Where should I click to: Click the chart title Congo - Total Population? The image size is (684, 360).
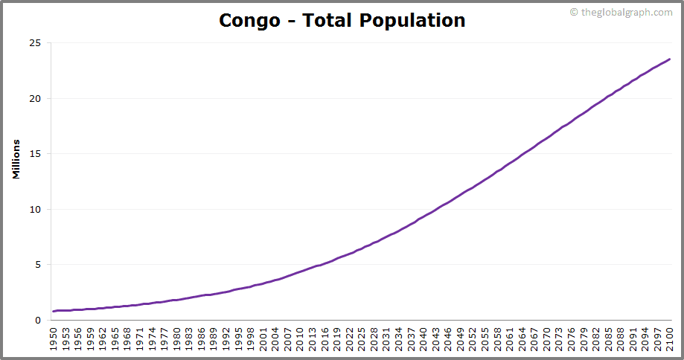point(342,20)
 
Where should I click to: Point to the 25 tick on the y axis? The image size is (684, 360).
point(35,43)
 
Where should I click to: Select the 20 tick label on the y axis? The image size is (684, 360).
point(35,98)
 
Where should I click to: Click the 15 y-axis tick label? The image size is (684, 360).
point(35,154)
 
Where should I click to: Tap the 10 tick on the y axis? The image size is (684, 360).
point(35,209)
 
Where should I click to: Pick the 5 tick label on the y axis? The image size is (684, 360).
point(38,265)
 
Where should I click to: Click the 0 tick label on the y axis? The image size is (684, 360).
point(38,320)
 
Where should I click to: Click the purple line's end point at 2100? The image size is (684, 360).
point(670,60)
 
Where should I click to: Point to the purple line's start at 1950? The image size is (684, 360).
point(54,311)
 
